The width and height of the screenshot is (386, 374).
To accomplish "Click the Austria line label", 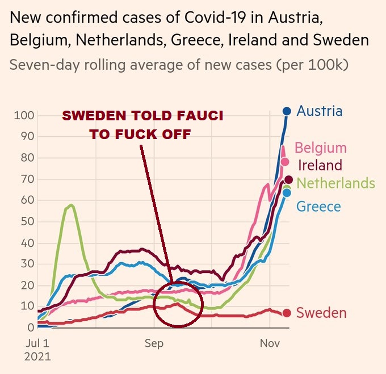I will click(320, 111).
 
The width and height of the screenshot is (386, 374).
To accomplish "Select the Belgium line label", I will click(320, 148).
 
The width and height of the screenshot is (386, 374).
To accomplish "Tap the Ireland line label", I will click(320, 166).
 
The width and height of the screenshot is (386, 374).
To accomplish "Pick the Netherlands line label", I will click(335, 183).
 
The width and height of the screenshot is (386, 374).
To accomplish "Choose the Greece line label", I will click(318, 207).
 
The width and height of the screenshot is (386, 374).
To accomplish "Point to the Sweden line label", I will click(321, 313).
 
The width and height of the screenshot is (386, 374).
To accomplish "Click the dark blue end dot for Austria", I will click(287, 111).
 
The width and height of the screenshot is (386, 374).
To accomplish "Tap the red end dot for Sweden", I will click(287, 313).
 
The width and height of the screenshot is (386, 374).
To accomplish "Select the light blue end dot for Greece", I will click(287, 193).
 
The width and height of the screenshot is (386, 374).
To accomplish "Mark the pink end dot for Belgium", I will click(286, 162).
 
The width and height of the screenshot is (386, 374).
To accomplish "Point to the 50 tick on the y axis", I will click(26, 221).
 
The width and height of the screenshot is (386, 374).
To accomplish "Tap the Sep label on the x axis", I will click(154, 343).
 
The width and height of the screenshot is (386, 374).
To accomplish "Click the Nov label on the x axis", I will click(270, 343).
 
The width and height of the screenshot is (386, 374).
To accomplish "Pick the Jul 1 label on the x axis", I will click(38, 343).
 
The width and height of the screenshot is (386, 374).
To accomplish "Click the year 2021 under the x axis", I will click(39, 358).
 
